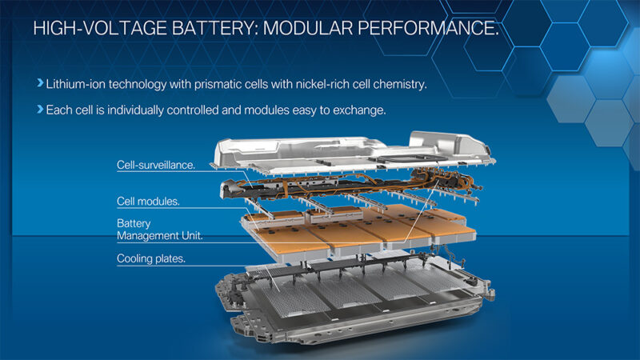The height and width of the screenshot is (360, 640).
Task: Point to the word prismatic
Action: point(219,82)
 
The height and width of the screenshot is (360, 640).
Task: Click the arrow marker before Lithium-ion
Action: point(40,82)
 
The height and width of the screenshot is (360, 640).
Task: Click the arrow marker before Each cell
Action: point(40,110)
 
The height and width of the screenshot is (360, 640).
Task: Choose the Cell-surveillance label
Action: point(156,165)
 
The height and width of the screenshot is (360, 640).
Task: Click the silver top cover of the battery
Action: point(336,152)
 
